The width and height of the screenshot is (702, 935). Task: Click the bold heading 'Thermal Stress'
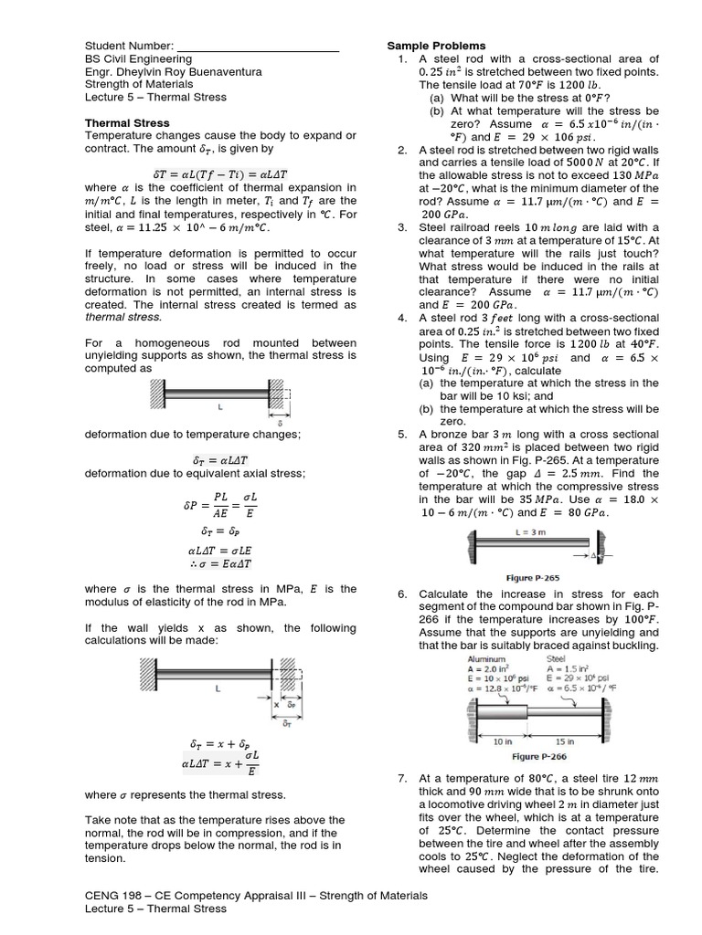click(x=127, y=121)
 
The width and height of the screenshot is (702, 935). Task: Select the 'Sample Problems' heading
click(x=436, y=46)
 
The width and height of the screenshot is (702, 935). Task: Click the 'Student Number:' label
click(x=128, y=46)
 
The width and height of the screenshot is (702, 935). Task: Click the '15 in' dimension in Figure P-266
click(x=564, y=742)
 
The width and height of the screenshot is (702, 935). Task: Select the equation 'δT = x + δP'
click(x=218, y=744)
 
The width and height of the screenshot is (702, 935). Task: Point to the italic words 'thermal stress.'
click(x=122, y=317)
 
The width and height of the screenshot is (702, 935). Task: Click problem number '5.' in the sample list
click(x=401, y=435)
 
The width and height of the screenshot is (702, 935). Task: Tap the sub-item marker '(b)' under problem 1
click(x=437, y=110)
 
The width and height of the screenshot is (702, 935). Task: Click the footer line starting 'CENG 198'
click(x=256, y=896)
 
